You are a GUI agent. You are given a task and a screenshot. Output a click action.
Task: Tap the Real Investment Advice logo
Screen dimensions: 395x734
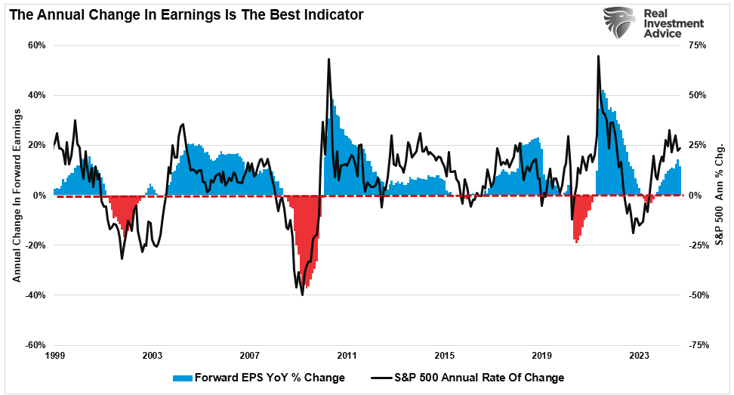[654, 29]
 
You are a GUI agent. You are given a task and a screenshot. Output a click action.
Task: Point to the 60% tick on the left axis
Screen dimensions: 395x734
[36, 45]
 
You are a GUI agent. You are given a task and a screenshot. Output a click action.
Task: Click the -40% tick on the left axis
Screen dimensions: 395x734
[35, 295]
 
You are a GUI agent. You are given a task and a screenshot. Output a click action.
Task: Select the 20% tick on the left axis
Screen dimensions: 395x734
[36, 145]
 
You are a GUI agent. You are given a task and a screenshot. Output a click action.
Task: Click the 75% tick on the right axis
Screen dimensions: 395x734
[697, 45]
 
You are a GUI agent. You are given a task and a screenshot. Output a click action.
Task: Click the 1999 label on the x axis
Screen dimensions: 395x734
[54, 355]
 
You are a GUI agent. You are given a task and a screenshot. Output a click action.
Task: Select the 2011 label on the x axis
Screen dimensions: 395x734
[347, 355]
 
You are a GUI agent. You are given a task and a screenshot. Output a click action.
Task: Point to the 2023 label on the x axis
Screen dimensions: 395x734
[640, 355]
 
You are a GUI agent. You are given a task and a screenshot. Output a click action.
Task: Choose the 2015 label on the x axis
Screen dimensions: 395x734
[445, 355]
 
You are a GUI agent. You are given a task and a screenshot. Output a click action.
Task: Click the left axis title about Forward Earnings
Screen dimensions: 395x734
[16, 195]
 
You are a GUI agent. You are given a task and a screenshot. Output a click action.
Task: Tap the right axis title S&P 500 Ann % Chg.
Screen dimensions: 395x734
[720, 195]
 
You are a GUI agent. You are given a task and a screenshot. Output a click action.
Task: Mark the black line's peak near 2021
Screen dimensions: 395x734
[598, 56]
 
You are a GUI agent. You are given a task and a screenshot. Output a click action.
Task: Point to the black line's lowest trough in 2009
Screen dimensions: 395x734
[302, 295]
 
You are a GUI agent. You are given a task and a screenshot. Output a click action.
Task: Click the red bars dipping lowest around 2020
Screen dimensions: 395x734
[577, 240]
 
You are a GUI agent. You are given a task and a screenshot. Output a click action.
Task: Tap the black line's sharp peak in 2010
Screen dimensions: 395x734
[328, 59]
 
